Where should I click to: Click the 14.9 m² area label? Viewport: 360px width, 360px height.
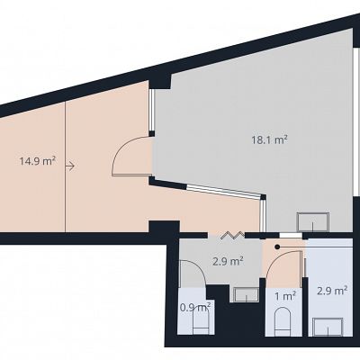coord(38,161)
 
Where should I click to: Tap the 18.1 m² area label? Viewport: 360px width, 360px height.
coord(270,139)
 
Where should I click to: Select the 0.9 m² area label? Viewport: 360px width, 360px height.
coord(195,307)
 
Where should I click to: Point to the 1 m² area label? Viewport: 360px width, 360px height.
coord(285,296)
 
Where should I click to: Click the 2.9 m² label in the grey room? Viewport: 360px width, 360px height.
coord(228,261)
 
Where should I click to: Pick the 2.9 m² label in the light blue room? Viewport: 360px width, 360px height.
coord(332,291)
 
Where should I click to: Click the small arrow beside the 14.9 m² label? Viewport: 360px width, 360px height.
coord(69,166)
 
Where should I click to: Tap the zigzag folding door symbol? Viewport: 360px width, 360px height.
coord(233,235)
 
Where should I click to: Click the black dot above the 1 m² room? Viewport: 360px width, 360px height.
coord(277,247)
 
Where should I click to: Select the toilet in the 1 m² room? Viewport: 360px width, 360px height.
coord(283,320)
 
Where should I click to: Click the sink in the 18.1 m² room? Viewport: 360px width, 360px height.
coord(313,222)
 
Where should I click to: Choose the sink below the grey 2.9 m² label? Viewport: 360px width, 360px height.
coord(247,294)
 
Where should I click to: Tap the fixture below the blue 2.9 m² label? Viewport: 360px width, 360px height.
coord(328,328)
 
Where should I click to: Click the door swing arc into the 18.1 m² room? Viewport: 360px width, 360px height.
coord(120,150)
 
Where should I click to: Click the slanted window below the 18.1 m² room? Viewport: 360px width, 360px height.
coord(224,191)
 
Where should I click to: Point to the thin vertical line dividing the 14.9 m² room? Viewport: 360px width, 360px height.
coord(65,166)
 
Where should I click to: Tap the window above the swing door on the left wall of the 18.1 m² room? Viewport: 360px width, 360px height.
coord(152,110)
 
